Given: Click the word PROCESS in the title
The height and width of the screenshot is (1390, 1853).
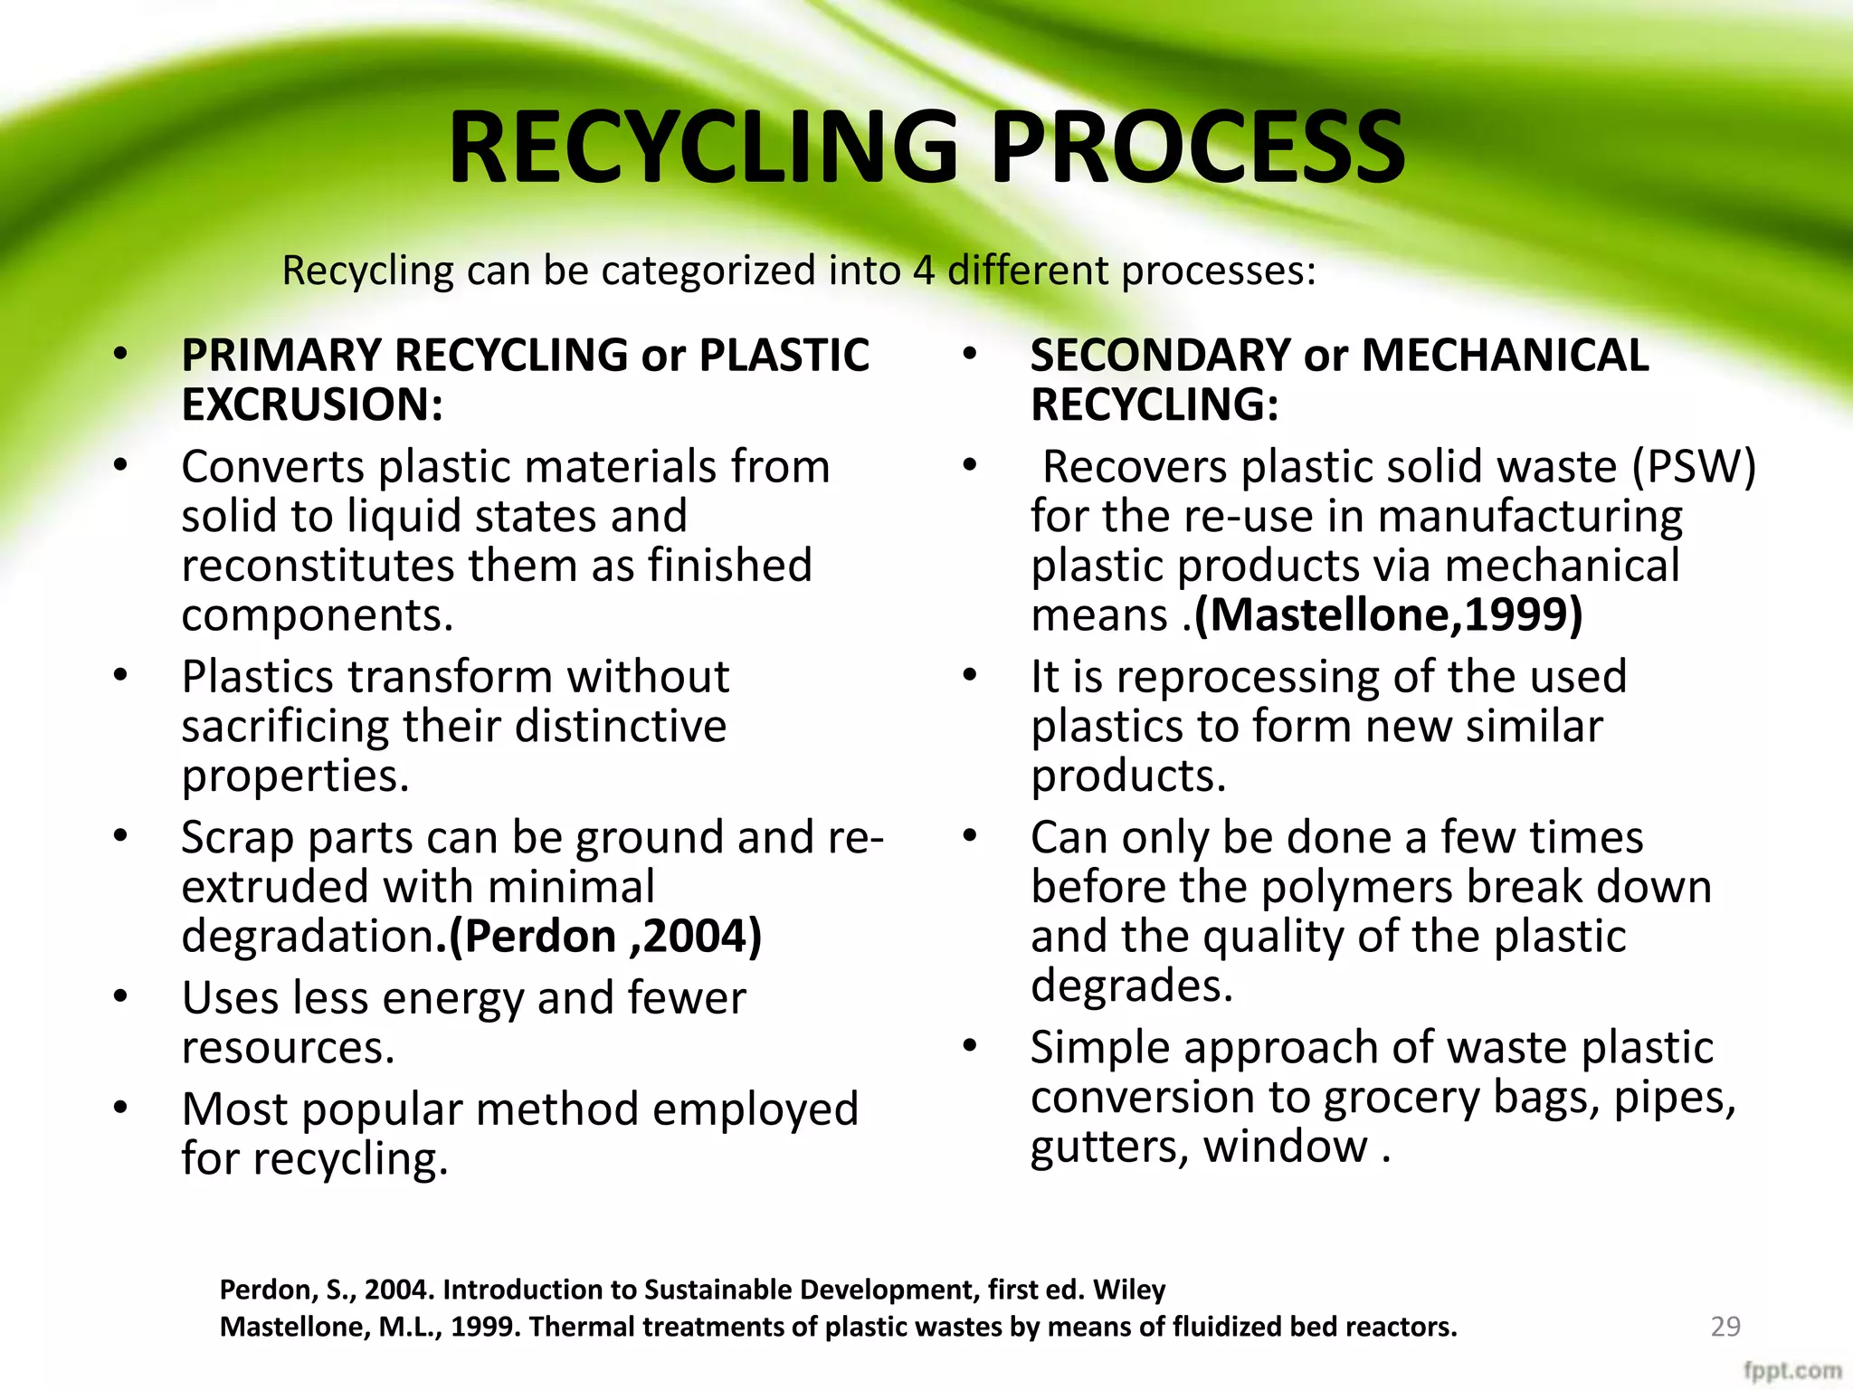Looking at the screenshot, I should coord(1197,148).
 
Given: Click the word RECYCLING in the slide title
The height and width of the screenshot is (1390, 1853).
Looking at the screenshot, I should coord(703,148).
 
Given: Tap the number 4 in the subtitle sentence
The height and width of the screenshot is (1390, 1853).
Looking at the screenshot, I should coord(923,271).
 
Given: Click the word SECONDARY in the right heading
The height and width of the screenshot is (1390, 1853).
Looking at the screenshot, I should coord(1160,355).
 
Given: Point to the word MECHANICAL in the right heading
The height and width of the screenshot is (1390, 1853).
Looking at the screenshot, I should coord(1505,355).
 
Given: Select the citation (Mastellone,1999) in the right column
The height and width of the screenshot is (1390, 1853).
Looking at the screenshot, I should coord(1388,615).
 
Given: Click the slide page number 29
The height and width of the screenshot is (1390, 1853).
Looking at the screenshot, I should coord(1725,1326).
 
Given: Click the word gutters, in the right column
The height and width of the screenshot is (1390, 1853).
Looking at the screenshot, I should coord(1109,1147).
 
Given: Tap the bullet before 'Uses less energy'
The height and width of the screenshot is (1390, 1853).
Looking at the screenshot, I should coord(121,996).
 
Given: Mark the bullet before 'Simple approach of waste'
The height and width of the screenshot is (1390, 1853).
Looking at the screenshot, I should coord(970,1046).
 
